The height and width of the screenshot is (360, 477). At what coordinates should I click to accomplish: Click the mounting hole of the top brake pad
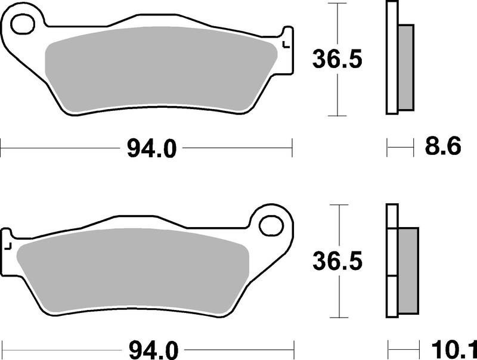point(23,26)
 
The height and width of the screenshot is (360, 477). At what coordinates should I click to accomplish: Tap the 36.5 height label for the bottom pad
point(337,262)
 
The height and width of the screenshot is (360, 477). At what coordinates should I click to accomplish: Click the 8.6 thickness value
point(442,146)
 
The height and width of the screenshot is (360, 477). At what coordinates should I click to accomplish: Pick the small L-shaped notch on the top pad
point(286,45)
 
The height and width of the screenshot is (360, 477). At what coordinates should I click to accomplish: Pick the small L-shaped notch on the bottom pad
point(8,244)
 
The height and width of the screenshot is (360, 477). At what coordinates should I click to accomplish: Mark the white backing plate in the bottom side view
point(392,262)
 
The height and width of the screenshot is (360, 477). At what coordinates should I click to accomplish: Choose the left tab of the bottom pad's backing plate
point(7,250)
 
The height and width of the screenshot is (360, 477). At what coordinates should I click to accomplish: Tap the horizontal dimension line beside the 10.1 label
point(404,346)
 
